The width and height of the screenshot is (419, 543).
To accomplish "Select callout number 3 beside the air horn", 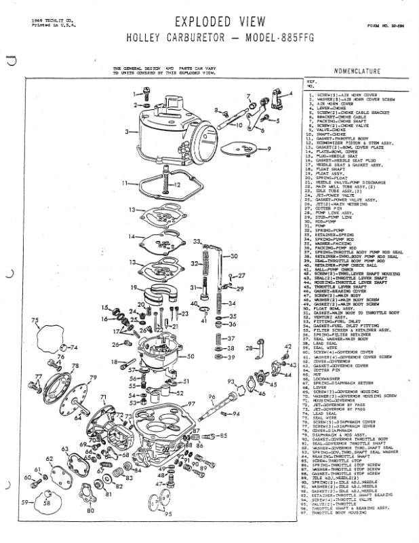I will [127, 131].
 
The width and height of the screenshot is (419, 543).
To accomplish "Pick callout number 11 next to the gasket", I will [125, 184].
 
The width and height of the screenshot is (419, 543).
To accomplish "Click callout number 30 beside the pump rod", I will [235, 256].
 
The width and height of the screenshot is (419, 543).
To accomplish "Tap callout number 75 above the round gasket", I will [35, 320].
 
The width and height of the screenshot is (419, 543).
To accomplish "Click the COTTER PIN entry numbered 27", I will [333, 208].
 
